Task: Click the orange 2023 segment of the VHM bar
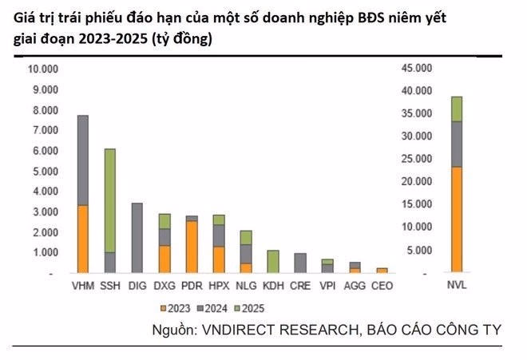point(82,239)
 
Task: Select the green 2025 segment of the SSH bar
point(110,200)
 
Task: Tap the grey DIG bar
point(137,238)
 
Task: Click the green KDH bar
point(273,262)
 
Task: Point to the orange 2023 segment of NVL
point(456,220)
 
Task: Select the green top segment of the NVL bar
point(456,109)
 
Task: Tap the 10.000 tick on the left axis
point(43,69)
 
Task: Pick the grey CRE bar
point(300,263)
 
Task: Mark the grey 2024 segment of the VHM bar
point(82,160)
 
